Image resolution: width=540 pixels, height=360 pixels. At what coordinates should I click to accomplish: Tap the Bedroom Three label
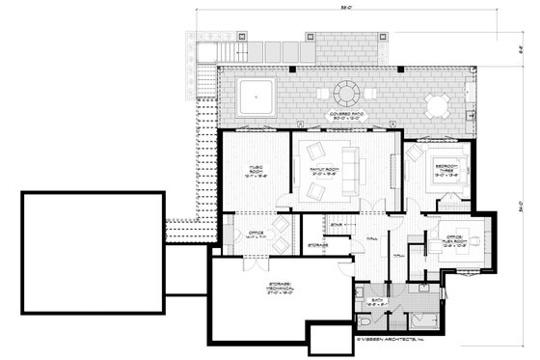tap(445, 172)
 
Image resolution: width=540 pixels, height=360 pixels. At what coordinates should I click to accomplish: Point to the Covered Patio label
tap(344, 116)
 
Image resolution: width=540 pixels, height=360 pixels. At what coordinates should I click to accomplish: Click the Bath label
tap(378, 303)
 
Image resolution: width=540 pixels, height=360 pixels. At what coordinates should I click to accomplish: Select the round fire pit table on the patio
tap(345, 94)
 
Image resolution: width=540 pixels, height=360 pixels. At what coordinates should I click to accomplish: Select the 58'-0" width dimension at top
tap(344, 8)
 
